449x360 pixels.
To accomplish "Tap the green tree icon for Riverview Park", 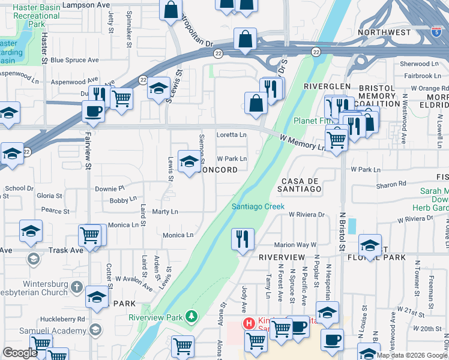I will click(x=191, y=315).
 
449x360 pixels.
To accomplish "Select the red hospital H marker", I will click(x=248, y=323).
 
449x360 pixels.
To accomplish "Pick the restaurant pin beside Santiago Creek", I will click(x=243, y=239).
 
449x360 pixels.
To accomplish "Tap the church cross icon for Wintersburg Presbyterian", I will click(x=76, y=287).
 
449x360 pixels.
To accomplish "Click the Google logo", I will click(x=20, y=352).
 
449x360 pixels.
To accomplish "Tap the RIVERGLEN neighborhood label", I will click(x=327, y=86).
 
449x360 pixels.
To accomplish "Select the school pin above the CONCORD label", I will click(x=190, y=161).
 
